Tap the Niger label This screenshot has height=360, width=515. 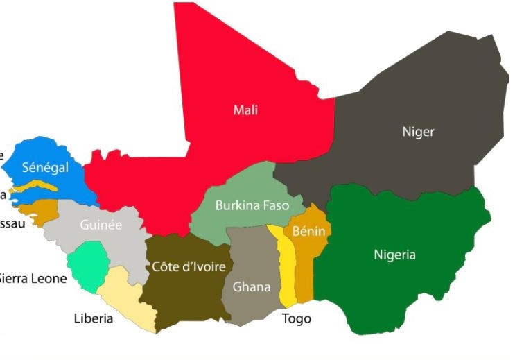tap(418, 131)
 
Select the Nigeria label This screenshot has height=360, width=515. tap(394, 255)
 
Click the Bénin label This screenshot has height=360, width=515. tap(309, 230)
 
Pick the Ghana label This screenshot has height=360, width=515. tap(252, 286)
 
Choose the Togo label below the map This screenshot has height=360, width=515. tap(297, 319)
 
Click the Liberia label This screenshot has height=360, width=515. tap(93, 319)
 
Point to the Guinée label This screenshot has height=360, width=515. tap(101, 225)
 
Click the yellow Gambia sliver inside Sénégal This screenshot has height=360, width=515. tap(42, 187)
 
